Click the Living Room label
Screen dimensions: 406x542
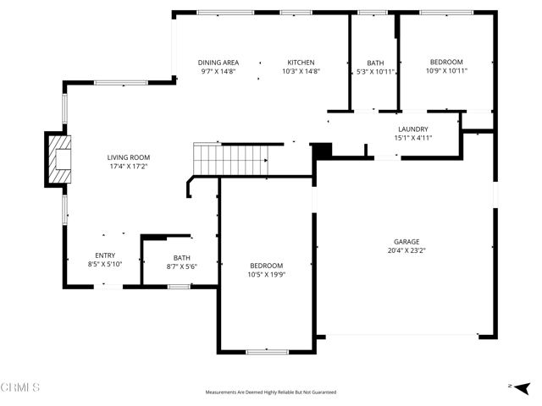pos(128,157)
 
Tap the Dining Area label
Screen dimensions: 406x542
pos(218,63)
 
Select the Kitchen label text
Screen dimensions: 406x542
pos(301,63)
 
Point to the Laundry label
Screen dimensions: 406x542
pos(412,129)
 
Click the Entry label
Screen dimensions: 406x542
pos(105,255)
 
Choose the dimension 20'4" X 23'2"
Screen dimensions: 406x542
pos(406,250)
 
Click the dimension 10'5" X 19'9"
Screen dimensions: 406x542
pos(266,274)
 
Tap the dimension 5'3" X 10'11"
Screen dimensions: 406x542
pos(375,72)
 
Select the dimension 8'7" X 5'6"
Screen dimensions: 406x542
pos(181,267)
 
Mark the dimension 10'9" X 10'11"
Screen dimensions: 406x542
pos(445,71)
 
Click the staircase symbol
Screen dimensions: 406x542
pos(231,159)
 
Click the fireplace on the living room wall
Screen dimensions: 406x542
pos(59,157)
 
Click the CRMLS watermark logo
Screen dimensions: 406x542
pos(20,388)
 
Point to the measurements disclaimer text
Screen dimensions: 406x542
pos(271,392)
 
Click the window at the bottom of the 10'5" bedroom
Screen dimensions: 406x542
pos(267,351)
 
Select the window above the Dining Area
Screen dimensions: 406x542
pos(225,13)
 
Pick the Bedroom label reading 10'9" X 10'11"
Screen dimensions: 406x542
pos(445,62)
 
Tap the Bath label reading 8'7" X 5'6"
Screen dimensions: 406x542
pos(181,258)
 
